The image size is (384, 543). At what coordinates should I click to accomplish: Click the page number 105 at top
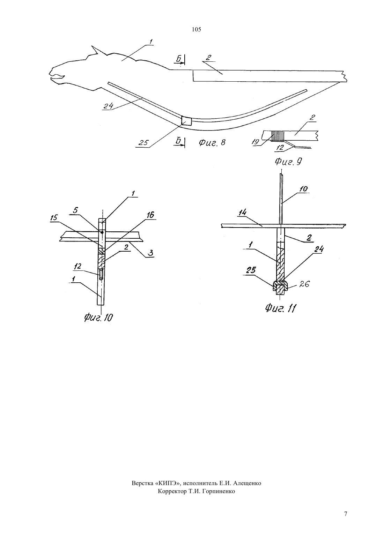coord(196,30)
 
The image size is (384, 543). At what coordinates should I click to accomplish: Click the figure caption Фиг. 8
coord(212,142)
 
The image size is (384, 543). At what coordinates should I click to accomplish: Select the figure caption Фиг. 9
coord(288,162)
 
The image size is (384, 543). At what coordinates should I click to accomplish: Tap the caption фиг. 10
coord(98,317)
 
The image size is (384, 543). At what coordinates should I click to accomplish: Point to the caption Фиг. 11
coord(280,308)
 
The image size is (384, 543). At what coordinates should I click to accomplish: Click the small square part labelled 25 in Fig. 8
coord(186,121)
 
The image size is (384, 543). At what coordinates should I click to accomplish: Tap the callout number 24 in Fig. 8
coord(108,106)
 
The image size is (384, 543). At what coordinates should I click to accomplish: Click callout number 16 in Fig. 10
coord(150,215)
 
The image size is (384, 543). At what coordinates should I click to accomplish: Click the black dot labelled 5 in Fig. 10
coord(102,232)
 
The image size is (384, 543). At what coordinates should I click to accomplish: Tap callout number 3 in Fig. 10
coord(151,253)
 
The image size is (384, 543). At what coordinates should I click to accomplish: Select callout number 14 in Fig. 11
coord(242,213)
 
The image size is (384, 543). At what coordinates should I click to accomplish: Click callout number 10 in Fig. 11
coord(303,189)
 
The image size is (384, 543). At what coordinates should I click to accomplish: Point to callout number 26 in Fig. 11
coord(304,284)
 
